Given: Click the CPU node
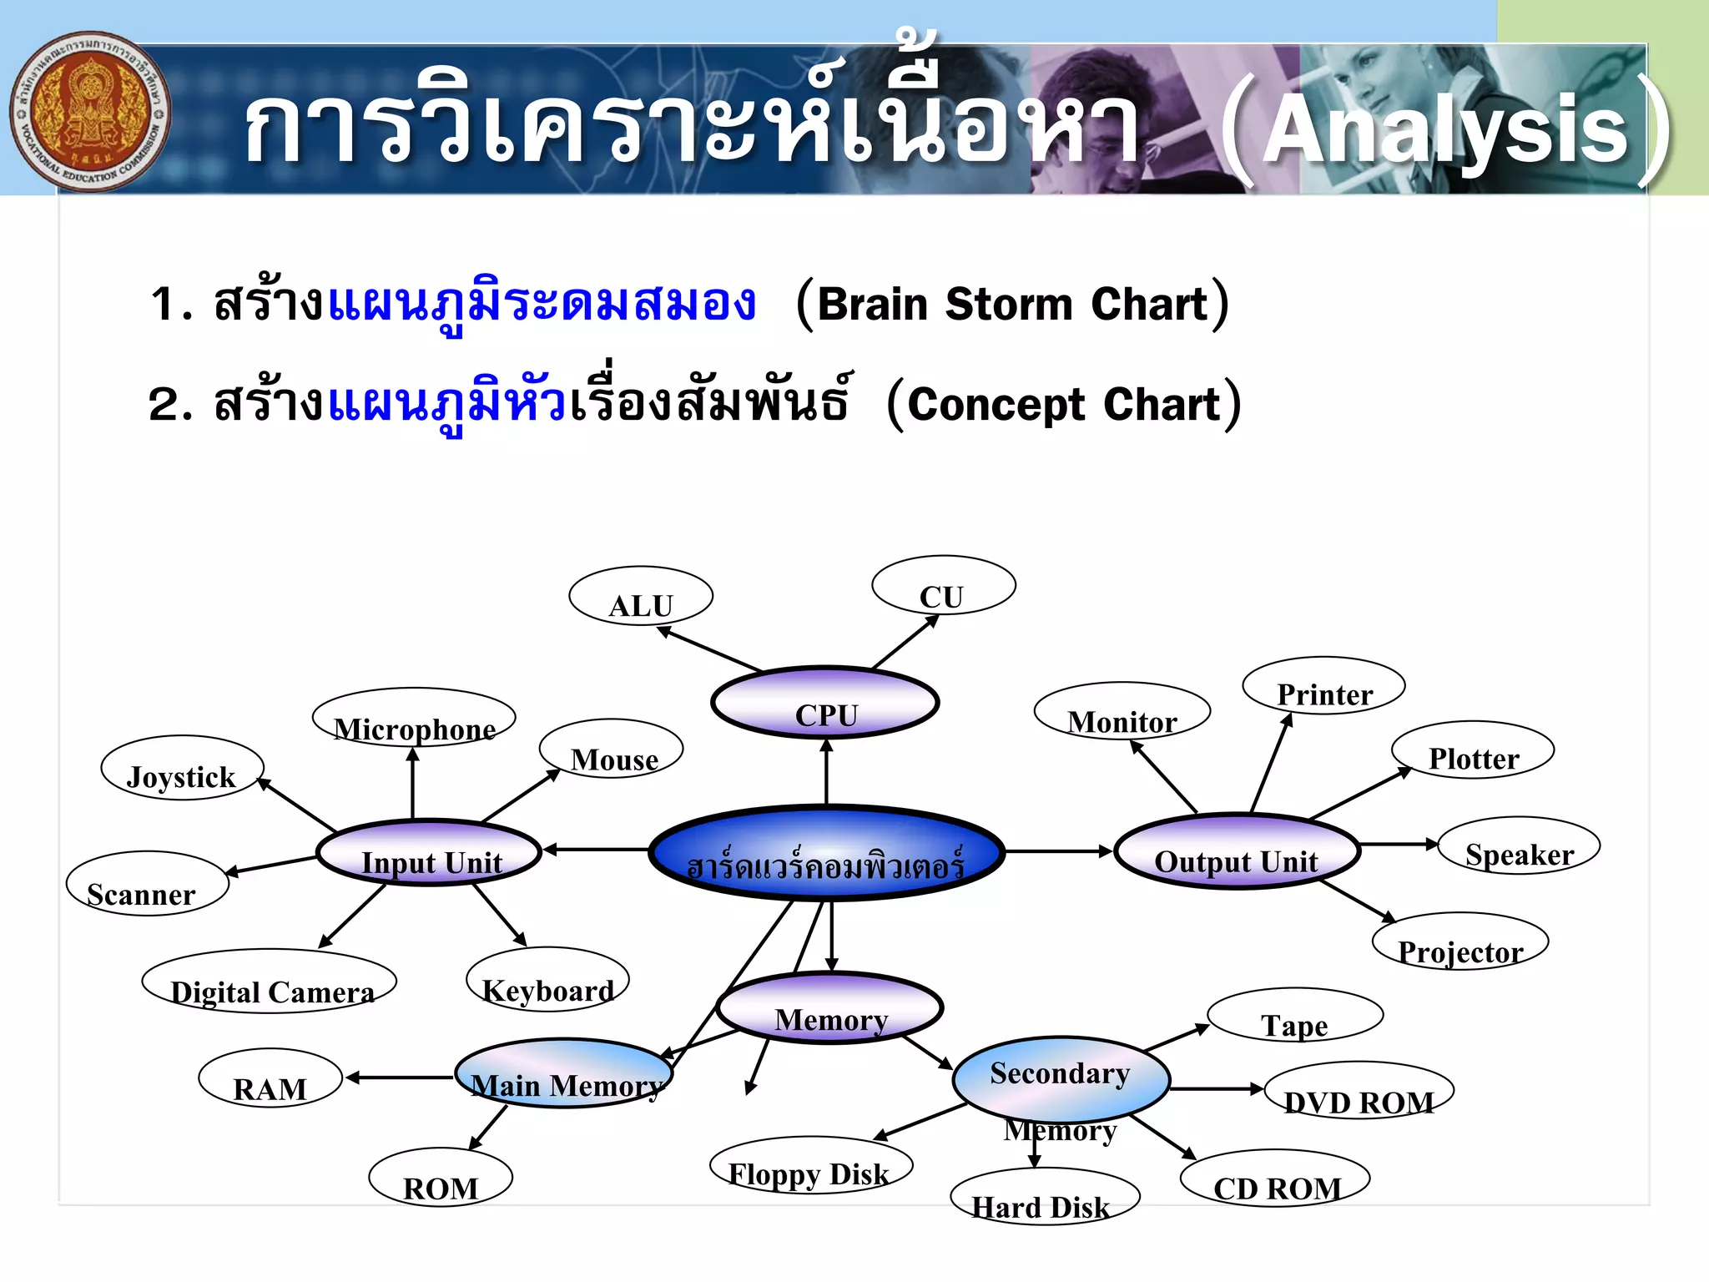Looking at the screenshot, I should [824, 703].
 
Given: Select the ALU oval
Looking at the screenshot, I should [640, 596].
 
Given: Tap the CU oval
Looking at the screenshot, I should [943, 586].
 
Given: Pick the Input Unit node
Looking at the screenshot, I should [430, 852].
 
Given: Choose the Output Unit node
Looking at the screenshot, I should [1237, 850].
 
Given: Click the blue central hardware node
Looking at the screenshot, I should [826, 853].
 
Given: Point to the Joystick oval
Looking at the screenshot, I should [182, 768].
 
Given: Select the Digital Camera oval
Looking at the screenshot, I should [269, 982].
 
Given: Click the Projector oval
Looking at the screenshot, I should [1460, 942].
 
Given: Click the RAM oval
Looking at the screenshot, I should [270, 1078].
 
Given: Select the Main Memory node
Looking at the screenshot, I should [565, 1074].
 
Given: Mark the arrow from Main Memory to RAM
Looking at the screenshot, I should [399, 1078].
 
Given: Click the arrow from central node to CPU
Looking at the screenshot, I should [826, 771].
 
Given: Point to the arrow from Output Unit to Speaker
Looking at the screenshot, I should [1398, 844].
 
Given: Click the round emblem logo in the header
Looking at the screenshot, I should [90, 112].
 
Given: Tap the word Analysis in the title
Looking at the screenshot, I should [1444, 129].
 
